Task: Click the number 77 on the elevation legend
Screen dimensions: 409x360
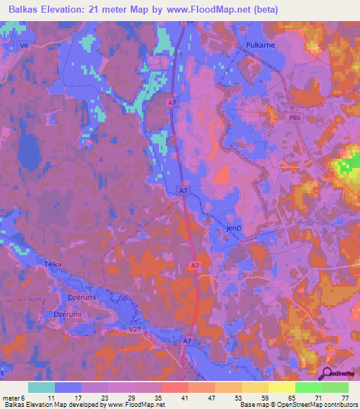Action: point(344,398)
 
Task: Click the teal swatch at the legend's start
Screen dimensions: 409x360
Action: point(41,387)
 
